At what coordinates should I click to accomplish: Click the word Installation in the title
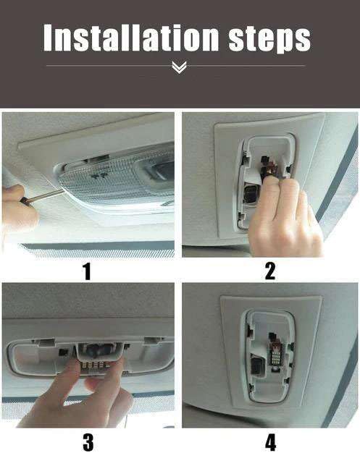(131, 38)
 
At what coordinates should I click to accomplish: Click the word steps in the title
(269, 40)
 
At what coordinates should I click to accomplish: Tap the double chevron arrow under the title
(179, 67)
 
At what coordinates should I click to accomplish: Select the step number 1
(86, 271)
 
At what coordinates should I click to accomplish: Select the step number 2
(269, 271)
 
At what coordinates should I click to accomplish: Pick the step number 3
(88, 442)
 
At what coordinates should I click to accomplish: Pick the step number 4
(270, 442)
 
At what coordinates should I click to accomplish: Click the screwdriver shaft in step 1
(46, 195)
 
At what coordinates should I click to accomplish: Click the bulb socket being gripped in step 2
(268, 167)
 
